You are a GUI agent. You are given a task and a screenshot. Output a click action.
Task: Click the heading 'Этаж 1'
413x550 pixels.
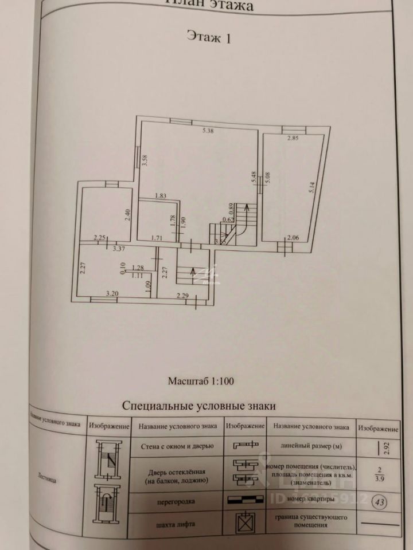coord(209,38)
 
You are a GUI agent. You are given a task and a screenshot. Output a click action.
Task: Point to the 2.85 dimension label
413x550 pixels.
coord(293,138)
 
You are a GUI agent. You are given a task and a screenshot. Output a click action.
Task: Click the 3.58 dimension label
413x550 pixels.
coord(146,161)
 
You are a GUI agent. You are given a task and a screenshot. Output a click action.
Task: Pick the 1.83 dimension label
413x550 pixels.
coord(160,197)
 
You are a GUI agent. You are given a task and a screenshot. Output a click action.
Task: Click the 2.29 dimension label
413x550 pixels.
coord(182,296)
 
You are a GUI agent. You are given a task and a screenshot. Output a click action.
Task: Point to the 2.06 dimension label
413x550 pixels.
coord(293,238)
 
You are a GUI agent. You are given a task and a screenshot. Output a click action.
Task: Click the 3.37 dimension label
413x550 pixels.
coord(119,249)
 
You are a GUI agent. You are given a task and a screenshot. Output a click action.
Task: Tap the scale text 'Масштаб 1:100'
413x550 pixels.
coord(201,380)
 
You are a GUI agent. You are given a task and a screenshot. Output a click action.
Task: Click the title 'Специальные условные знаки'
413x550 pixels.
coord(199,406)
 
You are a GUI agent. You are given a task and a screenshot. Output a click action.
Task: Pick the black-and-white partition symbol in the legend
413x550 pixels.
coord(245,500)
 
